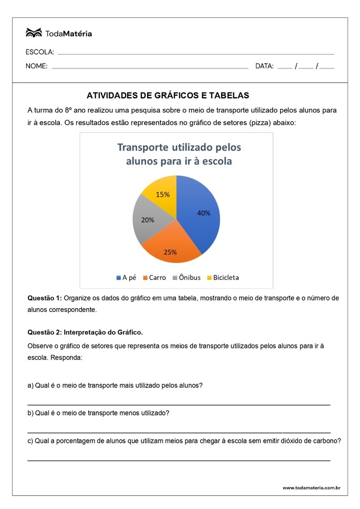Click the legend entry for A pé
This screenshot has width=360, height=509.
[x=126, y=277]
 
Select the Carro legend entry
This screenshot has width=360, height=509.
[x=154, y=277]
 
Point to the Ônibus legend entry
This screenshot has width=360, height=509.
[x=186, y=277]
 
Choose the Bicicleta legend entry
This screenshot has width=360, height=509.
[x=223, y=277]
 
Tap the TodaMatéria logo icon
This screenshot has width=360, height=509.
[x=34, y=33]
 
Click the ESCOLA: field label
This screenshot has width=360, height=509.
[x=40, y=52]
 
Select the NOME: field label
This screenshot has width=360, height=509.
[x=37, y=66]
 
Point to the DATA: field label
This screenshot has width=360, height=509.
[x=264, y=66]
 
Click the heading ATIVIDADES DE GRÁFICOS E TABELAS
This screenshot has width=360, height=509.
[x=168, y=96]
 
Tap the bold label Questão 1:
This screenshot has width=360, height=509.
[x=45, y=298]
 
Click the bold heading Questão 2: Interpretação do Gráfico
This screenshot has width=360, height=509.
[x=85, y=332]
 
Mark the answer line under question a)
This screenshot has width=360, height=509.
[x=179, y=404]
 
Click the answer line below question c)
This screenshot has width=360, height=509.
[x=179, y=460]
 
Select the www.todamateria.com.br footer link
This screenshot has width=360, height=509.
[x=311, y=487]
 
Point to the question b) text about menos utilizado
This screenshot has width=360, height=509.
[x=98, y=413]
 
